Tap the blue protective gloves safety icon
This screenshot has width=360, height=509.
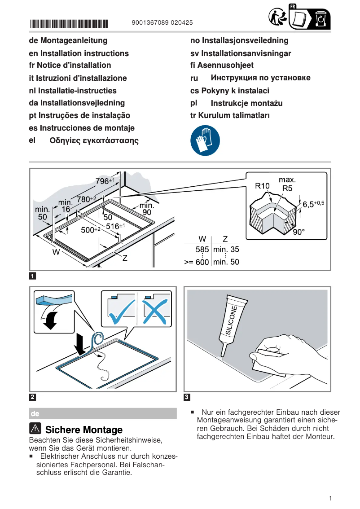click(x=205, y=140)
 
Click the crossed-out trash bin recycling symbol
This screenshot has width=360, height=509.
click(x=320, y=19)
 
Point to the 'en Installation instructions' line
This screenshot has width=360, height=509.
click(x=79, y=53)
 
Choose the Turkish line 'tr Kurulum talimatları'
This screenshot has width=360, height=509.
click(x=230, y=115)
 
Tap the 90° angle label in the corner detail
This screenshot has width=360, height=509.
click(x=299, y=233)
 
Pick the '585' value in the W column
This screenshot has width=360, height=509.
click(x=202, y=250)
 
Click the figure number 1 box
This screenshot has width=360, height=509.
click(x=33, y=276)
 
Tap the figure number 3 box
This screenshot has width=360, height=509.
click(x=187, y=397)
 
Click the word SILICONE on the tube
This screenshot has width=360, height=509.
click(x=232, y=319)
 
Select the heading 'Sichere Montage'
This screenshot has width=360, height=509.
click(x=84, y=430)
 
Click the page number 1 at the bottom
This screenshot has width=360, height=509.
click(x=330, y=498)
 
